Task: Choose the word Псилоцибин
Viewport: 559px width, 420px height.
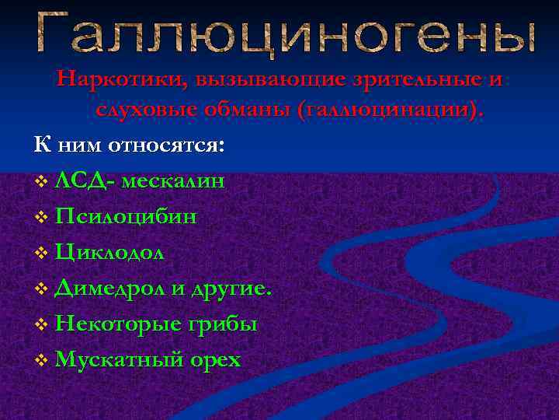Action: click(x=126, y=217)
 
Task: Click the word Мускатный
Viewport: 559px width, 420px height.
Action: click(x=120, y=360)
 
